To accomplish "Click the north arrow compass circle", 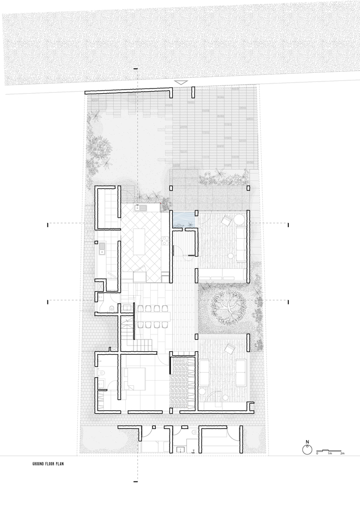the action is (307, 449).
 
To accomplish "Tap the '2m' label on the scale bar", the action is (342, 453).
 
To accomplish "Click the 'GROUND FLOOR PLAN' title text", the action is (48, 464).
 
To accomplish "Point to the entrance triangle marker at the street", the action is (181, 83).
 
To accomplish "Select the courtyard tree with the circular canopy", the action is (228, 307).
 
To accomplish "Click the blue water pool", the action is (184, 219).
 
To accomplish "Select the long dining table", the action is (153, 315).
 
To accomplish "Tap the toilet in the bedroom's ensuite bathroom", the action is (101, 373).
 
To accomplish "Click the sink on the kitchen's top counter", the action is (141, 208).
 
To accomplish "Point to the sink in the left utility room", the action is (102, 249).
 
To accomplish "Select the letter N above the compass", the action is (307, 442).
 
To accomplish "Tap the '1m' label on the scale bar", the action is (330, 453).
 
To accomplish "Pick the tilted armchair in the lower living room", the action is (230, 349).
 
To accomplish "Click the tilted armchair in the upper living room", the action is (226, 221).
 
